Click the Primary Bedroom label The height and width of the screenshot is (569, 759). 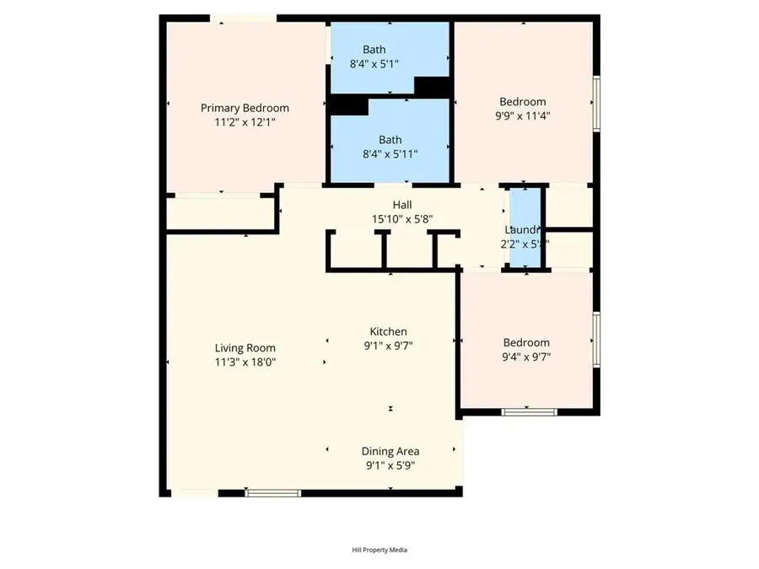245,108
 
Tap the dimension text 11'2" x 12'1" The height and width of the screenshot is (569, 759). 245,121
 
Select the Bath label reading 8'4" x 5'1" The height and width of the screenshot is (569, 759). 374,49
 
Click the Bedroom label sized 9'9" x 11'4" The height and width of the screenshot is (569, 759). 523,102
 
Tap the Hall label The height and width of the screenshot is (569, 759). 402,205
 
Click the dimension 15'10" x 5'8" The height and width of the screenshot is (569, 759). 402,218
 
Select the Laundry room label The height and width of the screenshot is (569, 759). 523,229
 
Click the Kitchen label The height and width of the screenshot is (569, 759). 389,331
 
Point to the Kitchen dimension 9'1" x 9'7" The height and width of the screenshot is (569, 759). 389,345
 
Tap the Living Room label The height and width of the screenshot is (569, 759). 245,347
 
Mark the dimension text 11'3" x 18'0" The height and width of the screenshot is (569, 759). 245,362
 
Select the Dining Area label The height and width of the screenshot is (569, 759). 390,451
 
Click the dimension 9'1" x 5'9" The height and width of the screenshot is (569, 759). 390,464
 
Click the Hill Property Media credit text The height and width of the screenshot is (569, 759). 379,550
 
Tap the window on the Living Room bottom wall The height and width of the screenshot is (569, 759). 272,492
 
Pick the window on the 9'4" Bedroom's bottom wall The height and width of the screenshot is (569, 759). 529,411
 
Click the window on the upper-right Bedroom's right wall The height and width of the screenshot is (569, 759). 596,102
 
